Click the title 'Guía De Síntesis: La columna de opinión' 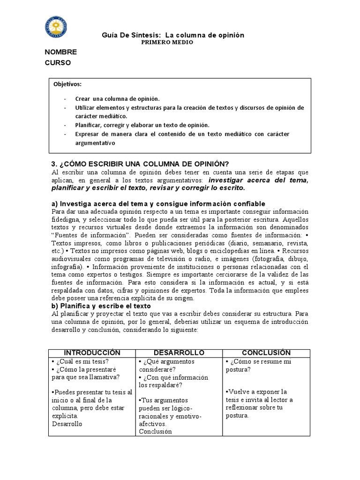[173, 35]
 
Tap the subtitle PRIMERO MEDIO [167, 42]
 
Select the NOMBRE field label [60, 52]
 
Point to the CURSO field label [58, 63]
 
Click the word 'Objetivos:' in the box [67, 84]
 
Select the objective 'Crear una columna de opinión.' [117, 99]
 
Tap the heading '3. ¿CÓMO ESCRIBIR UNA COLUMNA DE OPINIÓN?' [140, 164]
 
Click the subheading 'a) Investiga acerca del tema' [158, 203]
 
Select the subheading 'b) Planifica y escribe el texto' [101, 306]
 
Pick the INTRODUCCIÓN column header [92, 352]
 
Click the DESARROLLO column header [179, 352]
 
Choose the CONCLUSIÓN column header [266, 352]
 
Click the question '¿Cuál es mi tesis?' [82, 361]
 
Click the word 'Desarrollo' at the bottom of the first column [67, 424]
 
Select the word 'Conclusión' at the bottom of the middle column [155, 432]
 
